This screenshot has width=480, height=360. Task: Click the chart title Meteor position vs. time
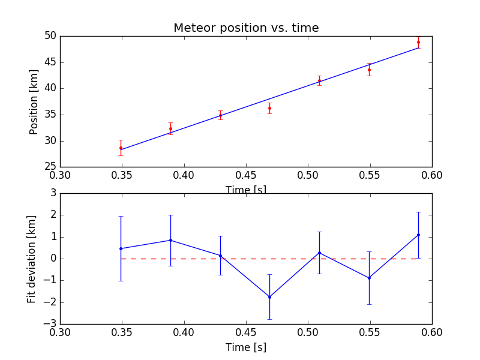point(246,28)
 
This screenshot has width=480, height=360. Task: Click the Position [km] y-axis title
point(34,101)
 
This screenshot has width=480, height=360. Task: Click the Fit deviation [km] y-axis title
point(32,259)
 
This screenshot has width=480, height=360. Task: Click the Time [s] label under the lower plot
point(246,347)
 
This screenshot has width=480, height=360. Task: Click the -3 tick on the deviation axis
point(50,324)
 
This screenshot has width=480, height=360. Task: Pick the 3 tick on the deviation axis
point(53,193)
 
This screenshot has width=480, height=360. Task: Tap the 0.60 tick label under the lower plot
point(432,333)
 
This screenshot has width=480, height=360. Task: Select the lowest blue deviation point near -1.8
point(269,297)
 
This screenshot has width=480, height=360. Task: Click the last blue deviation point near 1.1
point(418,235)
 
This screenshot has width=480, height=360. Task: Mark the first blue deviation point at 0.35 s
point(121,248)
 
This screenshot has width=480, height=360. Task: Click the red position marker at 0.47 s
point(269,108)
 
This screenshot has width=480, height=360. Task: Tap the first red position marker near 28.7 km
point(121,148)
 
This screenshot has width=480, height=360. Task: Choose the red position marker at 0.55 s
point(369,70)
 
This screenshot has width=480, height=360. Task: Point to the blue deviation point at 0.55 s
point(369,278)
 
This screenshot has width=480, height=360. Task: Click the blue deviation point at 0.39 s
point(170,240)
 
